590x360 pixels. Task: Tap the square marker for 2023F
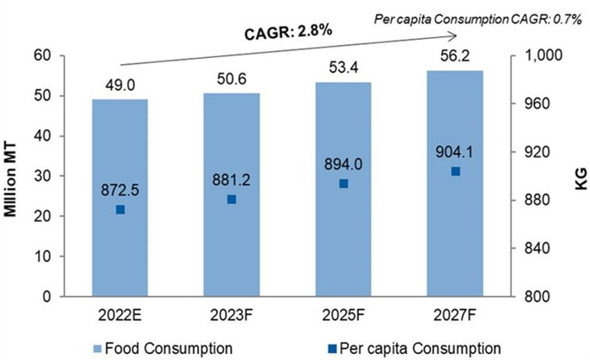pos(232,200)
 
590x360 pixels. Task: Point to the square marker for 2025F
pos(344,183)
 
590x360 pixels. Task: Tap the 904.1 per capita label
pos(456,152)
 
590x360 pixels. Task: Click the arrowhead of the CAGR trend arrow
pos(454,35)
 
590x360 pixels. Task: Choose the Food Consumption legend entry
pos(164,346)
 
